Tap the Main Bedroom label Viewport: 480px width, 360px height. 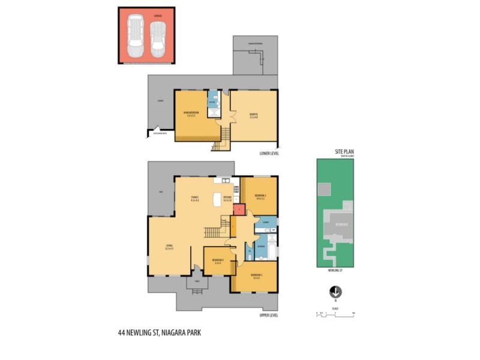[x=191, y=114]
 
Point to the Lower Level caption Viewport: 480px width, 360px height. [x=269, y=153]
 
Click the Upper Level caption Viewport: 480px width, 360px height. [x=269, y=315]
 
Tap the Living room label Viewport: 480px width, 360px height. [x=170, y=247]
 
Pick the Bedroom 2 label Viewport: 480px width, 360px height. [x=260, y=197]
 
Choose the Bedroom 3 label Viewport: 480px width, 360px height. [x=256, y=277]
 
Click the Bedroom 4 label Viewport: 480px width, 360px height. [x=216, y=261]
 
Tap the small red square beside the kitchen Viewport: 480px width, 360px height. [x=238, y=209]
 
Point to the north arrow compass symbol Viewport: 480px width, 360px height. [x=335, y=292]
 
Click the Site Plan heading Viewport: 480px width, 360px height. [x=344, y=152]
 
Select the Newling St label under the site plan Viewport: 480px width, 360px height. [x=335, y=271]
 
